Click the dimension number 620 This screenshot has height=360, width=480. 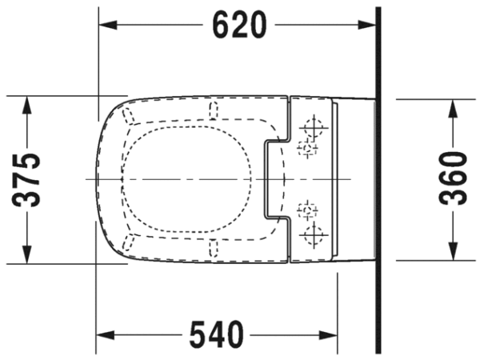[240, 25]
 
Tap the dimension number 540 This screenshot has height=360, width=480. [217, 335]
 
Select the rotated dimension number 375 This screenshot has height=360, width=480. [26, 180]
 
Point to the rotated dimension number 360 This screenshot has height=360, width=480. [453, 178]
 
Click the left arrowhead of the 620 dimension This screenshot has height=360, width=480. [108, 25]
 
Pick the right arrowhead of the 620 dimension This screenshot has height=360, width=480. [366, 25]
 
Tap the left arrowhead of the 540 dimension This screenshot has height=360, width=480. [106, 335]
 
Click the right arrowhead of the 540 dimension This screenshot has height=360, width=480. [328, 335]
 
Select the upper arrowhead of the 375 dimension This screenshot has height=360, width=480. [27, 106]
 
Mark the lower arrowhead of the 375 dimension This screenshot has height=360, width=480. [27, 254]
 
